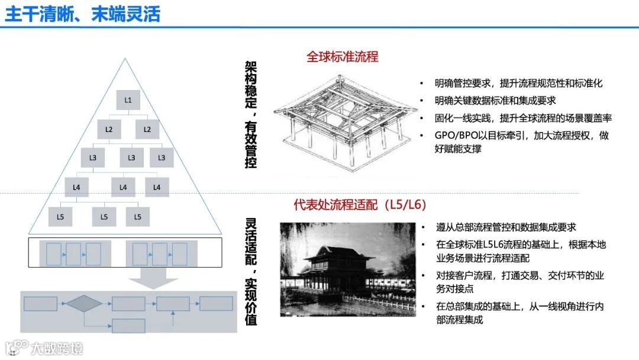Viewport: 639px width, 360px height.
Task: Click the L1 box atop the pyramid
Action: pyautogui.click(x=128, y=99)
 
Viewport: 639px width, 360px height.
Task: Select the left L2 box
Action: pyautogui.click(x=109, y=129)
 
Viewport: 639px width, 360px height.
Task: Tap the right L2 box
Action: pyautogui.click(x=147, y=129)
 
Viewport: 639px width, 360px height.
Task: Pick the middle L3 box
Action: pyautogui.click(x=131, y=158)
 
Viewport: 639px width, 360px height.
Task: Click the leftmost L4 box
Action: pyautogui.click(x=76, y=187)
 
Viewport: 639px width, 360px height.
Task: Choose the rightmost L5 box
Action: pyautogui.click(x=138, y=217)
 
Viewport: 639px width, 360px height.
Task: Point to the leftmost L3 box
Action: pyautogui.click(x=93, y=158)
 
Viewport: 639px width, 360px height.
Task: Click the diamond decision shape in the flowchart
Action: pyautogui.click(x=83, y=304)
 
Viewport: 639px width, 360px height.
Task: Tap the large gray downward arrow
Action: pyautogui.click(x=153, y=278)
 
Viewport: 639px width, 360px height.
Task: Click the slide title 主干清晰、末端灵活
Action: pyautogui.click(x=83, y=14)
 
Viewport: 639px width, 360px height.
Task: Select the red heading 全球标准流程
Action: pyautogui.click(x=342, y=57)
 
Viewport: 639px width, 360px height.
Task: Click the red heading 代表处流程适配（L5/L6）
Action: pyautogui.click(x=360, y=205)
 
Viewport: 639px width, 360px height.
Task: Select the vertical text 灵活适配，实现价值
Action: pyautogui.click(x=251, y=271)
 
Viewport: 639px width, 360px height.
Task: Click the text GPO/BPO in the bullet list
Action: pyautogui.click(x=453, y=136)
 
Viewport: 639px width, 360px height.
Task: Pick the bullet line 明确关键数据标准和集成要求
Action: pyautogui.click(x=495, y=101)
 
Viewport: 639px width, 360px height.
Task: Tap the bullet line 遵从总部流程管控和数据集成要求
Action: pyautogui.click(x=506, y=227)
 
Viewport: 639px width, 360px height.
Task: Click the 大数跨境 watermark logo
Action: pyautogui.click(x=44, y=348)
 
